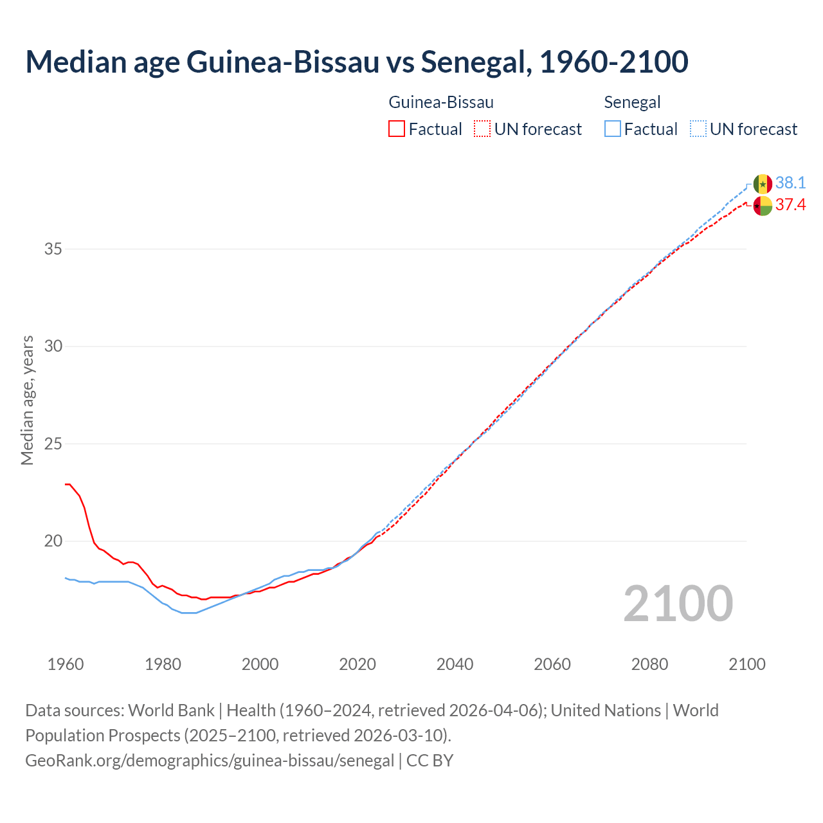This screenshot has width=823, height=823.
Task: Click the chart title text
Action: (357, 62)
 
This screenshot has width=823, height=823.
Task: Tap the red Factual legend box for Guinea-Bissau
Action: (397, 129)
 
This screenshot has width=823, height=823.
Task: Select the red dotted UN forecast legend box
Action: (482, 129)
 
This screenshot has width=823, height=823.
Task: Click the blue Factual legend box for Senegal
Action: (613, 129)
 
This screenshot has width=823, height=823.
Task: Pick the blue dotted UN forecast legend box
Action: (698, 129)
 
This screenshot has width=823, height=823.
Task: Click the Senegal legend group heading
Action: (632, 102)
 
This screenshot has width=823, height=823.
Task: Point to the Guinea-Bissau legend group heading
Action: (441, 102)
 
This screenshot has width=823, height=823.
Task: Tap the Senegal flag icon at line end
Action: (763, 184)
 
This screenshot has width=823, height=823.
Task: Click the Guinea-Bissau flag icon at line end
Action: (763, 206)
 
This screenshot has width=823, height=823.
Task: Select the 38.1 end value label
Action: (790, 183)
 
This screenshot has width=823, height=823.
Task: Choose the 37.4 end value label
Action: (790, 205)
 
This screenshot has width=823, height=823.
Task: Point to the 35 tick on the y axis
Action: (53, 249)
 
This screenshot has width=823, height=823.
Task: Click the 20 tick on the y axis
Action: (53, 541)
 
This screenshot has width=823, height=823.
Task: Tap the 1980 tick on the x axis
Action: (163, 664)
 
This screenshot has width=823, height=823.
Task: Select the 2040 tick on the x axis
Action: (455, 664)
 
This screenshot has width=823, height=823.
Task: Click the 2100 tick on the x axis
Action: (746, 664)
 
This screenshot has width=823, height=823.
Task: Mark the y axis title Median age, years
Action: (27, 400)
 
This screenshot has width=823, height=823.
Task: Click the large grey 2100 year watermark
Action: (678, 603)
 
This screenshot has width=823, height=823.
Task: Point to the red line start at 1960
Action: (66, 484)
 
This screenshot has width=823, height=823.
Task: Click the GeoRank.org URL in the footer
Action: (209, 761)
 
